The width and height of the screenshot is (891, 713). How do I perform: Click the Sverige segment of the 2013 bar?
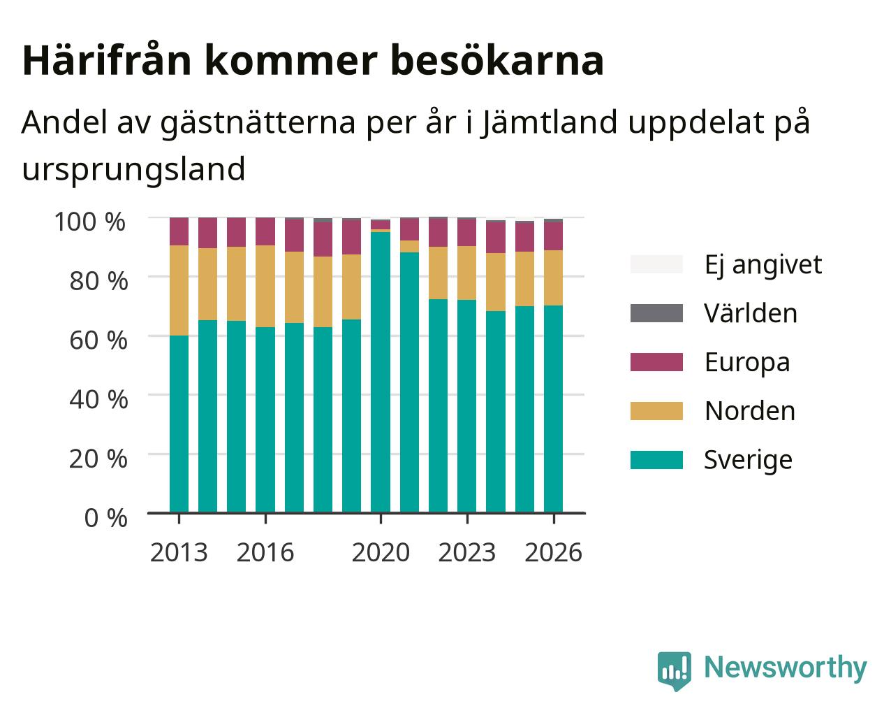[x=179, y=424]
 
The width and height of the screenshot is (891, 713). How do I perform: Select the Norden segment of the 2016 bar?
[x=265, y=286]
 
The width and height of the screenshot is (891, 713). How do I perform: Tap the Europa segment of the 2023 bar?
[x=466, y=232]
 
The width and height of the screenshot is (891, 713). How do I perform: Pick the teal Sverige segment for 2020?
[x=381, y=372]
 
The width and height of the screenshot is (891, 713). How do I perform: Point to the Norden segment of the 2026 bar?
[x=553, y=278]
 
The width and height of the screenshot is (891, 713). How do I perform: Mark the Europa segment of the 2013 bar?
[x=179, y=231]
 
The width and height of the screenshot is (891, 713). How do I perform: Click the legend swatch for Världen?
[x=656, y=313]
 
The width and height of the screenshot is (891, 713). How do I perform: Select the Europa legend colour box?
[x=656, y=362]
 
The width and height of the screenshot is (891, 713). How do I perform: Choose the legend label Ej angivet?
[x=763, y=265]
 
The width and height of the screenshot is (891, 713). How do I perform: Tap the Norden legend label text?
[x=750, y=411]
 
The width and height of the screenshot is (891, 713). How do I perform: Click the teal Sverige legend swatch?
[x=656, y=460]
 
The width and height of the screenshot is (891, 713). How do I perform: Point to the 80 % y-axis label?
[x=98, y=281]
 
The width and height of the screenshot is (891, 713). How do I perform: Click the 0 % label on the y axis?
[x=105, y=518]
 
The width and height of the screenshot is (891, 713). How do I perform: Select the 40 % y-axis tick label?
[x=98, y=400]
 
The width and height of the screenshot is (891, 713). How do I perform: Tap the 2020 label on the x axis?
[x=381, y=552]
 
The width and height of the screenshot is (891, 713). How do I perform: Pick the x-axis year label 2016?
[x=265, y=552]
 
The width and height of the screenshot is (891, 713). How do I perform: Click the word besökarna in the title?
[x=497, y=61]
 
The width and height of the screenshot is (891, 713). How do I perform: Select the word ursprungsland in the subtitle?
[x=133, y=170]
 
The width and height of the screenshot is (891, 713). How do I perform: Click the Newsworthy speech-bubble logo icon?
[x=674, y=671]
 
